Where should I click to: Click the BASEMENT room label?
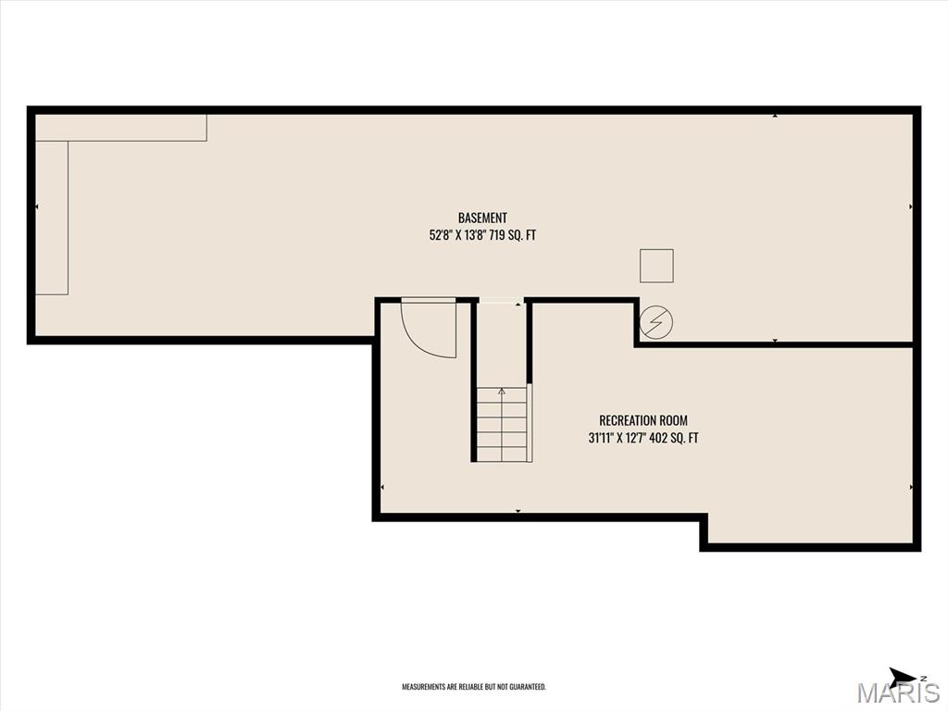tap(482, 218)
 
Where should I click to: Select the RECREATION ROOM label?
tap(642, 420)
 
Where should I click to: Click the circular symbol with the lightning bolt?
tap(656, 322)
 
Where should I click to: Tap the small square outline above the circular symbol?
tap(656, 266)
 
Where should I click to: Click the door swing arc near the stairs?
tap(428, 329)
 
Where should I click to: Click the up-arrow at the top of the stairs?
tap(502, 392)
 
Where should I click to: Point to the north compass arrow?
tap(902, 676)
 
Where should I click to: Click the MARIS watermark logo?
tap(897, 692)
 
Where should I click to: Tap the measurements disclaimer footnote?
tap(473, 687)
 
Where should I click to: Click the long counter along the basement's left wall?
tap(52, 218)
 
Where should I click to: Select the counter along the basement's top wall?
tap(120, 128)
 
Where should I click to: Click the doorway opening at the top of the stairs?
tap(501, 301)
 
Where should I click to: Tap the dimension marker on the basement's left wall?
tap(37, 206)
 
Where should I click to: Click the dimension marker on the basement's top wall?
tap(775, 115)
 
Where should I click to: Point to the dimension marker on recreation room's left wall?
tap(383, 486)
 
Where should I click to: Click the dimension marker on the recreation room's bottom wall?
tap(518, 510)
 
